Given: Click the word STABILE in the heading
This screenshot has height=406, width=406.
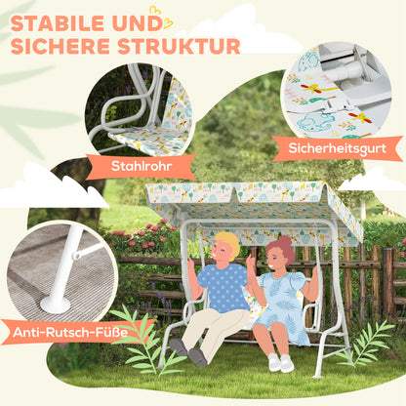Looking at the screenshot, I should click(64, 20).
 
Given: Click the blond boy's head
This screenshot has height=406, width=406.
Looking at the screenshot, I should click(226, 247).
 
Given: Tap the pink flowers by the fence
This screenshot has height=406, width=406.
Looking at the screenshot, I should click(146, 235).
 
